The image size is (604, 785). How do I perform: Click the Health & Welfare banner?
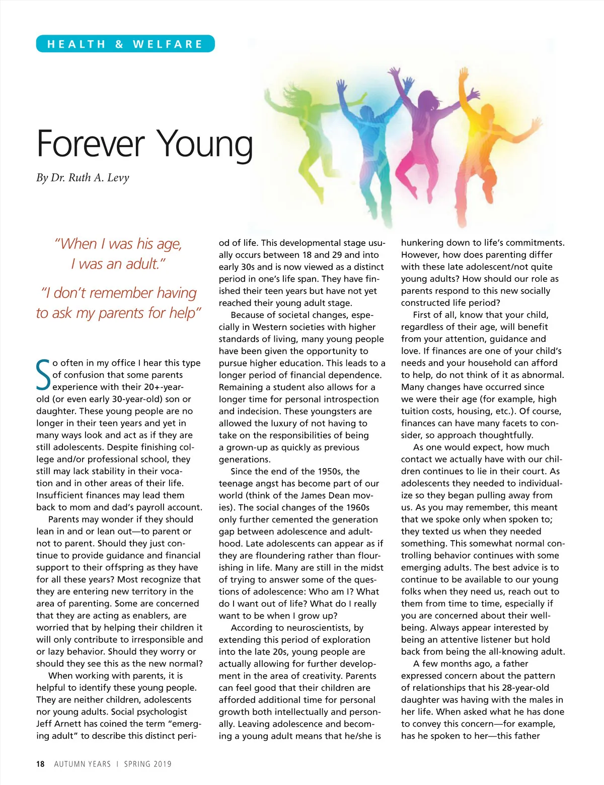pos(125,44)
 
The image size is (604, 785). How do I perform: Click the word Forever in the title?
pos(91,144)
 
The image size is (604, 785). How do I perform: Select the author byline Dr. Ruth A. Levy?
pos(83,177)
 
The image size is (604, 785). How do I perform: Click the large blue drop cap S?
pos(43,375)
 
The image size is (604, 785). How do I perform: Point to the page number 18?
pos(40,764)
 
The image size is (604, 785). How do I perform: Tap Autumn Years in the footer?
pos(82,764)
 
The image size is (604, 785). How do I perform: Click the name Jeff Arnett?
pos(59,724)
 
